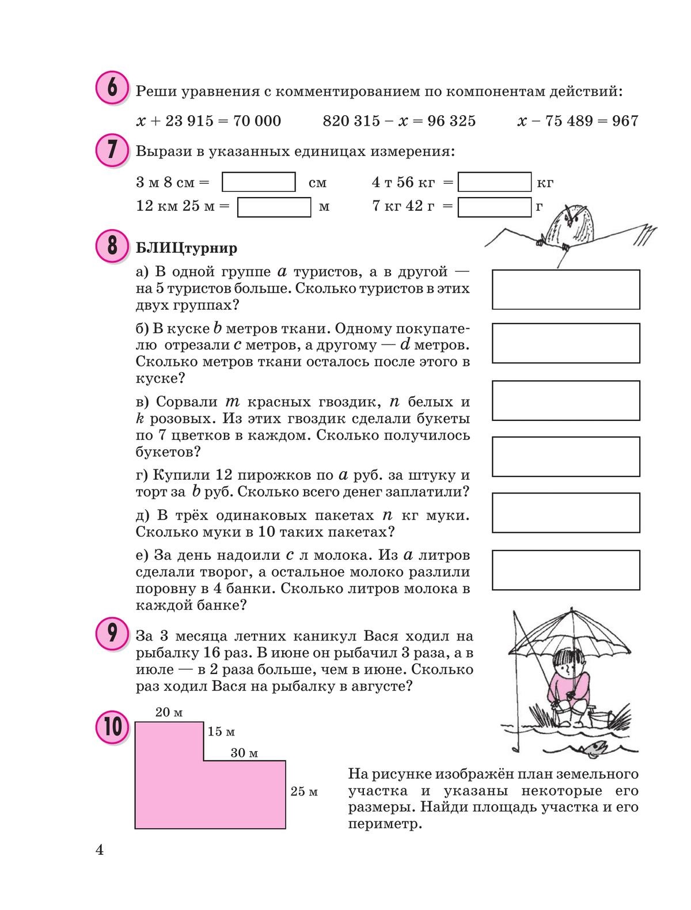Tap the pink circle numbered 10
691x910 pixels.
click(x=112, y=726)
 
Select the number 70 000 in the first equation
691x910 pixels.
click(x=255, y=121)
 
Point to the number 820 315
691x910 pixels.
click(x=351, y=121)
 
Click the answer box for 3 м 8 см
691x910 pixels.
click(x=259, y=182)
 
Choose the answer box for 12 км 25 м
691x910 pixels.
click(x=274, y=207)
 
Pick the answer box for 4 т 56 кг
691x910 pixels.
click(x=494, y=182)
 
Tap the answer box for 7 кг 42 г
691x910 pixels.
click(x=494, y=207)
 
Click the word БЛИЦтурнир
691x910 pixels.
click(x=187, y=248)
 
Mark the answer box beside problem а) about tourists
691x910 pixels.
click(x=565, y=289)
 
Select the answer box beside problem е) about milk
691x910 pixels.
click(x=565, y=570)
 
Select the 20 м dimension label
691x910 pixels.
click(x=169, y=712)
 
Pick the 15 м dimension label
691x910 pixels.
click(x=221, y=731)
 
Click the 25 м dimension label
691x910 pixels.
click(x=304, y=791)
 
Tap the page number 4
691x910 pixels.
click(x=100, y=850)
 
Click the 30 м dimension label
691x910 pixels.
click(x=244, y=753)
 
